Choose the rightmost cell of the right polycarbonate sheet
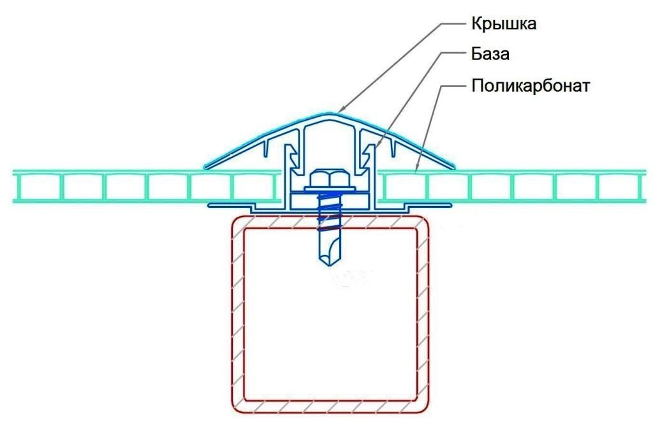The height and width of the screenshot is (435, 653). pyautogui.click(x=619, y=187)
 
